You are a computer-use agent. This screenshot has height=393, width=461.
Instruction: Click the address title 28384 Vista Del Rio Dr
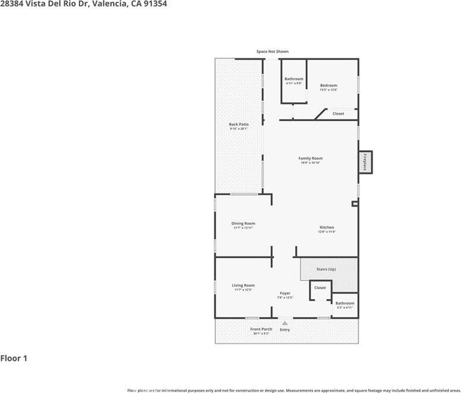[x=83, y=4]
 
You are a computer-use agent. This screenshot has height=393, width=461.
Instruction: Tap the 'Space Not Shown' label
[x=272, y=52]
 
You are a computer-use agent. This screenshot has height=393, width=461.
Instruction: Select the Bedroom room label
[x=329, y=85]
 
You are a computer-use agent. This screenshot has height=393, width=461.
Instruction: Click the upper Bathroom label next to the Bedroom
[x=293, y=79]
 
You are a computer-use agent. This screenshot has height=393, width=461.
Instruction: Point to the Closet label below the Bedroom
[x=338, y=113]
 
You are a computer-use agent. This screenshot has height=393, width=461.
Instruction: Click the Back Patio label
[x=238, y=124]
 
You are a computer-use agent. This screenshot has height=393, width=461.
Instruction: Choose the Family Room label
[x=310, y=159]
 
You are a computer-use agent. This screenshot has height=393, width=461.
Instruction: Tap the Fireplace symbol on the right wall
[x=365, y=161]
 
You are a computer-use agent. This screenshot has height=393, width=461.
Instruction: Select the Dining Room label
[x=243, y=223]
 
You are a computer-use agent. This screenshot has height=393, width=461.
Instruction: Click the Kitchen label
[x=327, y=227]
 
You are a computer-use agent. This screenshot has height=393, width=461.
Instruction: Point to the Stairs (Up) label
[x=326, y=269]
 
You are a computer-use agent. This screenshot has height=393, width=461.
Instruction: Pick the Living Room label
[x=243, y=285]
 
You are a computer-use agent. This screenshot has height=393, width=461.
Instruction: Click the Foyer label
[x=285, y=293]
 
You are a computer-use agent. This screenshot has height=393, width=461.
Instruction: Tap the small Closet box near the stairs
[x=320, y=289]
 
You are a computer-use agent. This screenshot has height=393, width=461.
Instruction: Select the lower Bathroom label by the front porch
[x=345, y=303]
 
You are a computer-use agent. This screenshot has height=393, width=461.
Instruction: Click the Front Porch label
[x=261, y=329]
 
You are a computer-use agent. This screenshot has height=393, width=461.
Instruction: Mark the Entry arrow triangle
[x=285, y=323]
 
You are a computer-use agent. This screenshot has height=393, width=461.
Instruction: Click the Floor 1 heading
[x=14, y=359]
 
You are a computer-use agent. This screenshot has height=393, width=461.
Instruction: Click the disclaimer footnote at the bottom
[x=293, y=390]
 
